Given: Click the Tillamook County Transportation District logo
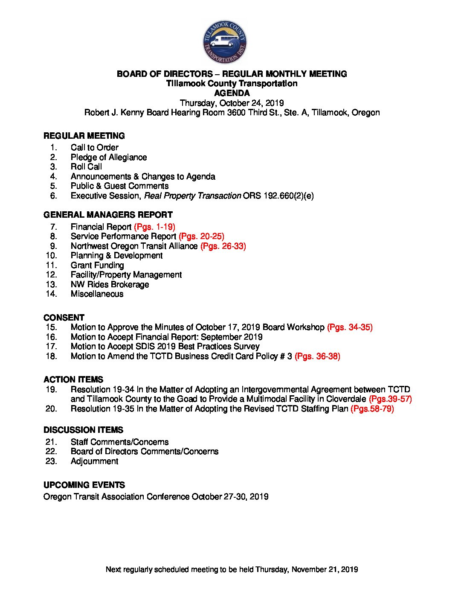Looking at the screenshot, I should pos(225,42).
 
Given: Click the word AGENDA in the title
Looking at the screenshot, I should pos(232,93).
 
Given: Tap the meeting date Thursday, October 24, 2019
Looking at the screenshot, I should pos(232,103).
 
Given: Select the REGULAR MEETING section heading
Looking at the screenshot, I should pos(84,136).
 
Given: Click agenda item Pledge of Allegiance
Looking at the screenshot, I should pos(109,157).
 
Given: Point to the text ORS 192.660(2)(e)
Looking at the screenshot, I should pos(278,195).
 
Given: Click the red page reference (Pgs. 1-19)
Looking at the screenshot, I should pos(154,227).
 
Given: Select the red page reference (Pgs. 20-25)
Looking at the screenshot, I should pos(201,236).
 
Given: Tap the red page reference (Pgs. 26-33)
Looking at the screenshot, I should pos(223,246).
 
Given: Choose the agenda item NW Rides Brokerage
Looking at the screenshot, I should pos(110,284).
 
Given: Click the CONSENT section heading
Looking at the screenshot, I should pos(64,318).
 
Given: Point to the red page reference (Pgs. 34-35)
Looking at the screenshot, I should pos(350,327).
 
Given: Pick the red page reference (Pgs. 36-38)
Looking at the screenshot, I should pos(317,356).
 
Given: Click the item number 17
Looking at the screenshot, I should pos(51,346).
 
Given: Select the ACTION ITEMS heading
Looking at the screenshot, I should pos(73,379).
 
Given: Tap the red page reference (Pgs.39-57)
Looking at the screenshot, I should pos(390,399).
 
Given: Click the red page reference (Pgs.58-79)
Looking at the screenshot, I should pos(372,408).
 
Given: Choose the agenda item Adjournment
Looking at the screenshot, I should pos(94,461).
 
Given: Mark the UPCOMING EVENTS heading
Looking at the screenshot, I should pos(84,485).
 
